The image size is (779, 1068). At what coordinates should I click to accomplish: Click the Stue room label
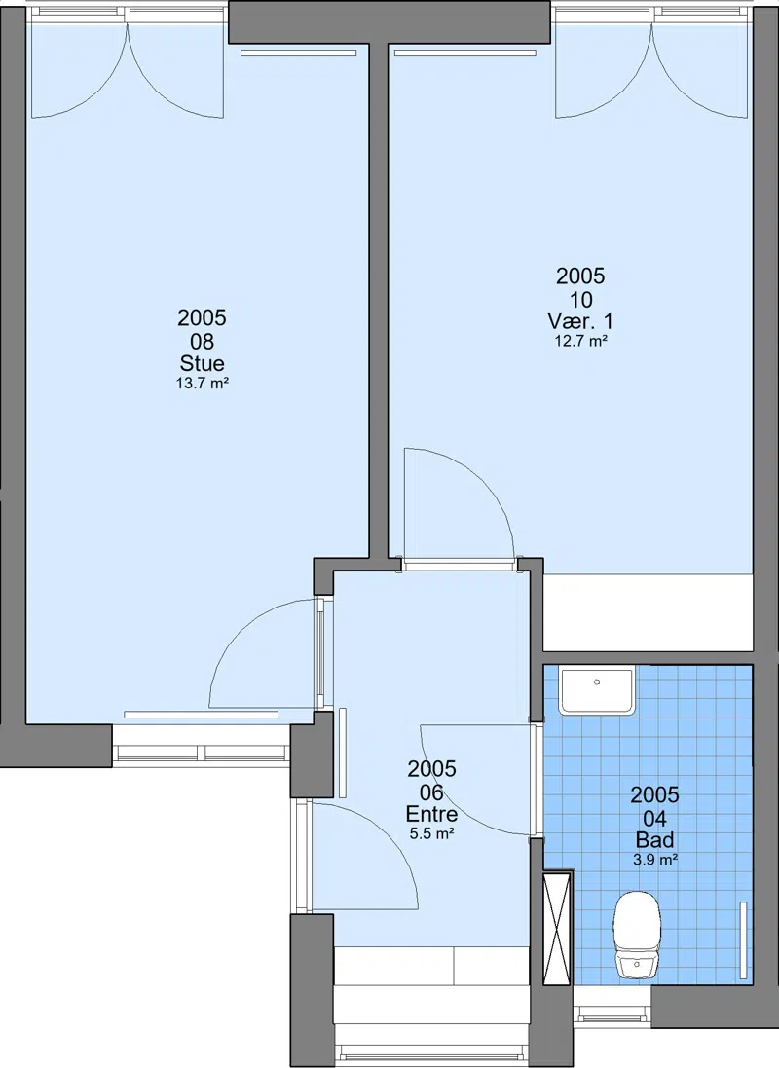[x=202, y=362]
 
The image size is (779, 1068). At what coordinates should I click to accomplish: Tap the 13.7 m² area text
[x=202, y=384]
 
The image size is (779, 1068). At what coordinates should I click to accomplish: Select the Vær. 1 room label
[x=580, y=320]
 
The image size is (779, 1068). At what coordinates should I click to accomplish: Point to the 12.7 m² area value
[x=580, y=342]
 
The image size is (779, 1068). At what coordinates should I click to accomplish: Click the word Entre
[x=431, y=813]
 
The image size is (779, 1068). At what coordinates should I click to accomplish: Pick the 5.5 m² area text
[x=432, y=833]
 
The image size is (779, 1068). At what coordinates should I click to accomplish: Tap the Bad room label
[x=654, y=839]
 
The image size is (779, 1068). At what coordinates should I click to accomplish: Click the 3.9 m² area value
[x=655, y=860]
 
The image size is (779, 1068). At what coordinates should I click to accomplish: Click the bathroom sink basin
[x=597, y=690]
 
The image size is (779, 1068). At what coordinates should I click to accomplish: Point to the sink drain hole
[x=597, y=681]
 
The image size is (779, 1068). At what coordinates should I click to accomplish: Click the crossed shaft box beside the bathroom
[x=557, y=928]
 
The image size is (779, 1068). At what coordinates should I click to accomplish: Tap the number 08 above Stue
[x=202, y=341]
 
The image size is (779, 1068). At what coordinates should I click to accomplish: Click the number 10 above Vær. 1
[x=580, y=299]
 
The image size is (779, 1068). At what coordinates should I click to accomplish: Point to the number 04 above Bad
[x=654, y=818]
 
